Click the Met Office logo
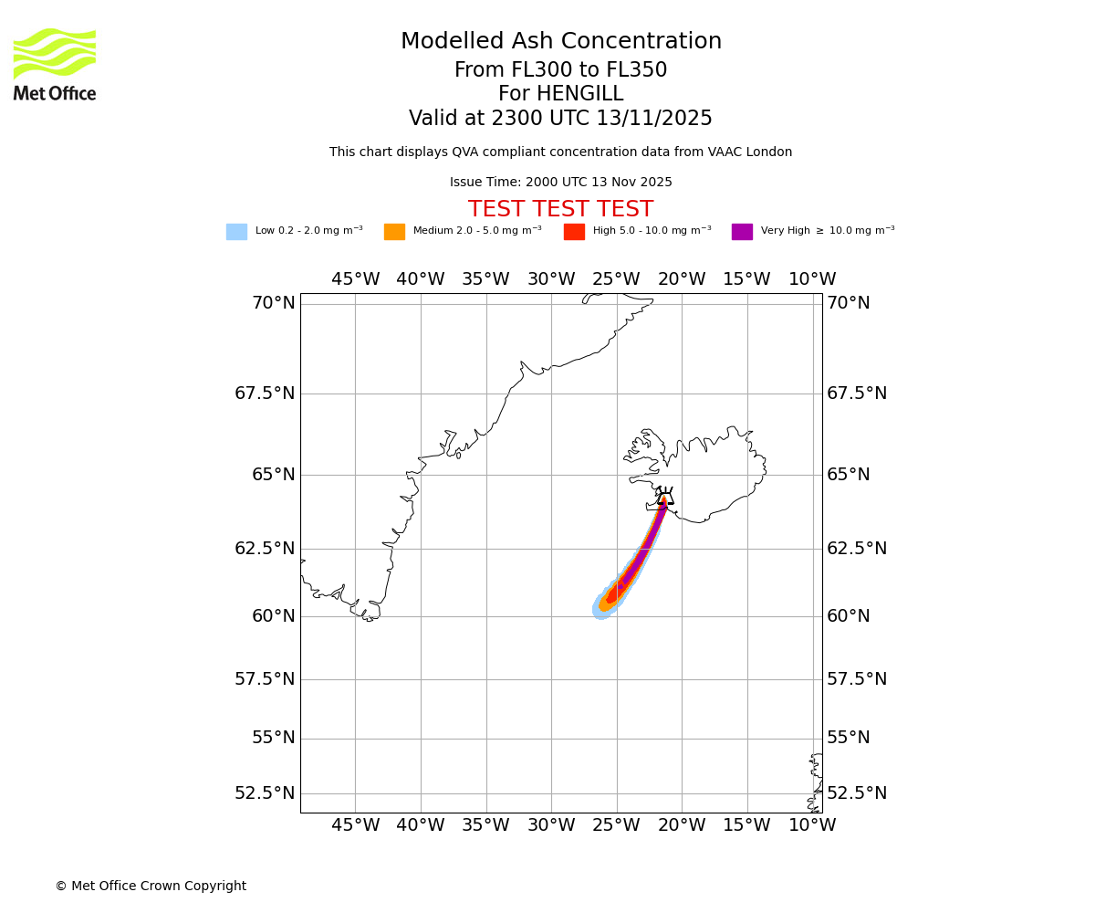[55, 64]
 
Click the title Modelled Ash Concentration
[560, 42]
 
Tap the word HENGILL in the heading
[560, 94]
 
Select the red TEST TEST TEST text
[560, 210]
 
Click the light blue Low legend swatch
[236, 232]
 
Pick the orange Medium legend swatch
[394, 232]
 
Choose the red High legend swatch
[574, 232]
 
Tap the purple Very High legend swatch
[742, 232]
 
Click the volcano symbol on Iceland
[665, 497]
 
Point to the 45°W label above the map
[355, 279]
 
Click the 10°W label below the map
[812, 825]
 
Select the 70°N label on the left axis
[273, 303]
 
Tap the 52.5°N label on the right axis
[856, 792]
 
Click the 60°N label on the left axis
[273, 616]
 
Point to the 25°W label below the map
[616, 825]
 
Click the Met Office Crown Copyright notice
[151, 887]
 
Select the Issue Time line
[560, 183]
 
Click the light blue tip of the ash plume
[600, 609]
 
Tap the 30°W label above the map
[551, 279]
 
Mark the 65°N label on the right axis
[849, 475]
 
